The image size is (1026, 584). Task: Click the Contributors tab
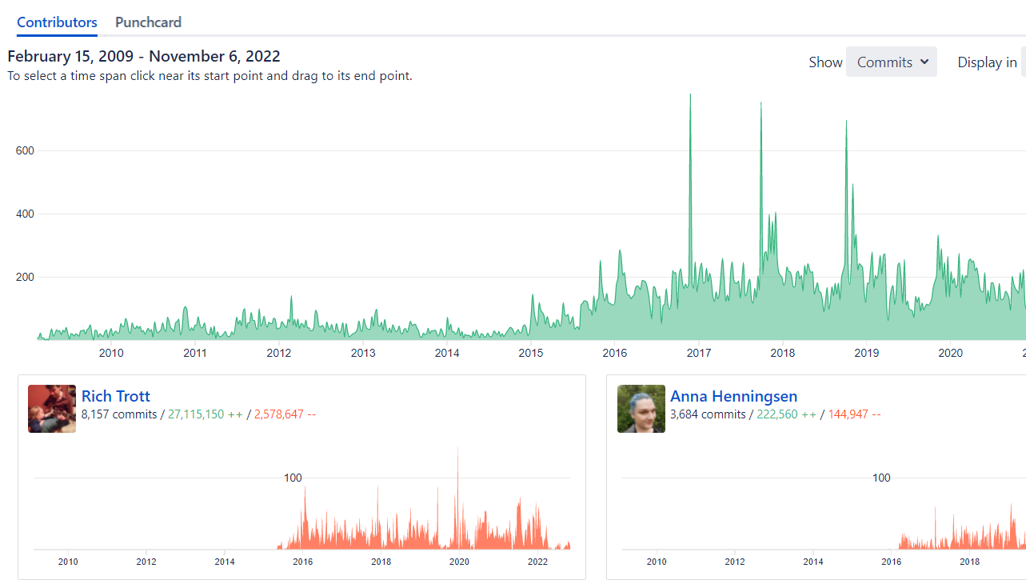click(x=57, y=22)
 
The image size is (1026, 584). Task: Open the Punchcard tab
click(x=148, y=22)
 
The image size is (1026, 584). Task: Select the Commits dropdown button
click(x=891, y=62)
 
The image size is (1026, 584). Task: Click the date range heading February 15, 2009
click(x=144, y=56)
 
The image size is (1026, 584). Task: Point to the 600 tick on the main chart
click(x=25, y=150)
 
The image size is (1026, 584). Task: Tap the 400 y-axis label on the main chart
click(x=25, y=214)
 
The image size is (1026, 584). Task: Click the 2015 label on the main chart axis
click(x=530, y=353)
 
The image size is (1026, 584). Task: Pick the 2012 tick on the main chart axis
click(x=278, y=353)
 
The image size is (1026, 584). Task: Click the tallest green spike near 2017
click(x=690, y=96)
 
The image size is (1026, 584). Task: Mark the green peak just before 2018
click(x=761, y=105)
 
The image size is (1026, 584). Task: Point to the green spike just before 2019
click(x=846, y=122)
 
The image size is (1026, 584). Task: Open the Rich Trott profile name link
click(x=116, y=396)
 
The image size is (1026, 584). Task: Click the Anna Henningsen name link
click(x=733, y=396)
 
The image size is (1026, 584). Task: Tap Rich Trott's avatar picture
click(x=52, y=409)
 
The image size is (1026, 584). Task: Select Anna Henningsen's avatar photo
click(x=641, y=409)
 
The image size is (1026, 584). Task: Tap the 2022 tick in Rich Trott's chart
click(x=537, y=562)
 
